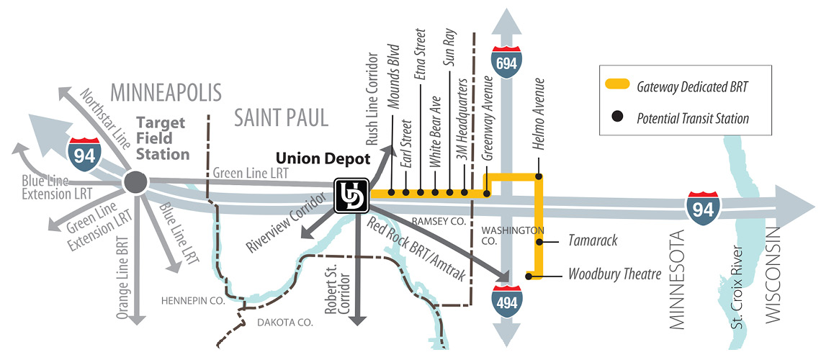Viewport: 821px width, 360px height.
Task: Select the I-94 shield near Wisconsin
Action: [702, 207]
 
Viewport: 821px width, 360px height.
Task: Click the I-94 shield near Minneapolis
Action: [84, 153]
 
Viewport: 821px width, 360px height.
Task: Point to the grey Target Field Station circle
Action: [134, 182]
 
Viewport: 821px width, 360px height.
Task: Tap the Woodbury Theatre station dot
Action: [529, 275]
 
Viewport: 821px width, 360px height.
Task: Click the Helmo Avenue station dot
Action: [538, 176]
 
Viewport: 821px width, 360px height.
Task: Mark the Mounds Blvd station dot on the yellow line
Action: [391, 192]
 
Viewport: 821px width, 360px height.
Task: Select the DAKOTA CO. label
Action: [286, 323]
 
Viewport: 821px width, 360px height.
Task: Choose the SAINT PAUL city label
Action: [281, 117]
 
